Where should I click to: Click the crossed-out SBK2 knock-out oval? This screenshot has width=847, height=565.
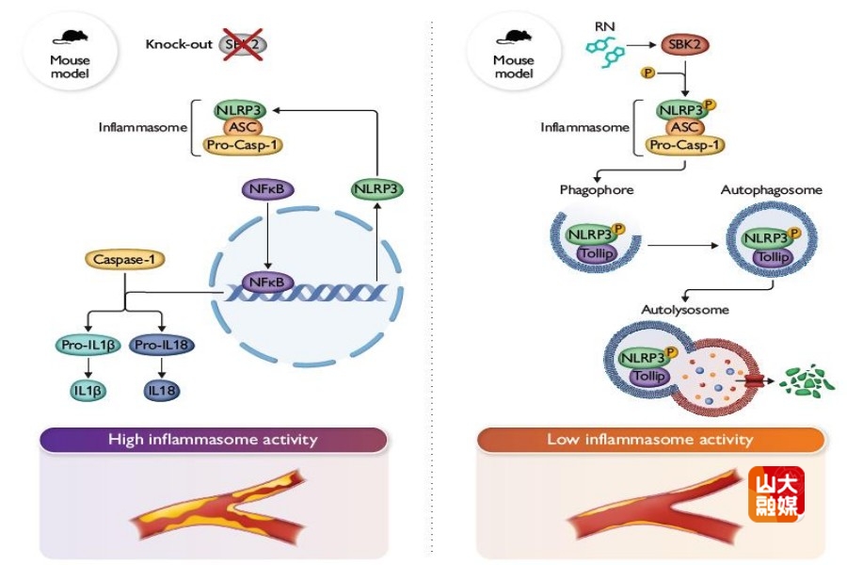click(x=243, y=43)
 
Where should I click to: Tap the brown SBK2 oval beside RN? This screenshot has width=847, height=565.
click(x=684, y=44)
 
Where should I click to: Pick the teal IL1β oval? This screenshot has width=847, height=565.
click(x=88, y=387)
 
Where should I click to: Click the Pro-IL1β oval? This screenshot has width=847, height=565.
click(x=88, y=345)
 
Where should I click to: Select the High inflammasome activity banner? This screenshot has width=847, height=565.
click(x=213, y=439)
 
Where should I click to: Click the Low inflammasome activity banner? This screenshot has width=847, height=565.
click(x=650, y=439)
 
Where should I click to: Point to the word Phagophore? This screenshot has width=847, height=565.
click(x=596, y=190)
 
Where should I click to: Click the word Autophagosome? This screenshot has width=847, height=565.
click(x=771, y=190)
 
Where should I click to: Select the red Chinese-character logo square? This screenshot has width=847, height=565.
click(x=776, y=495)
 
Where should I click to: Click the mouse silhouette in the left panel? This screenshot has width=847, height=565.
click(x=71, y=36)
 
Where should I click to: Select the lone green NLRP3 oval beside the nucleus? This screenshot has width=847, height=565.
click(x=376, y=189)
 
